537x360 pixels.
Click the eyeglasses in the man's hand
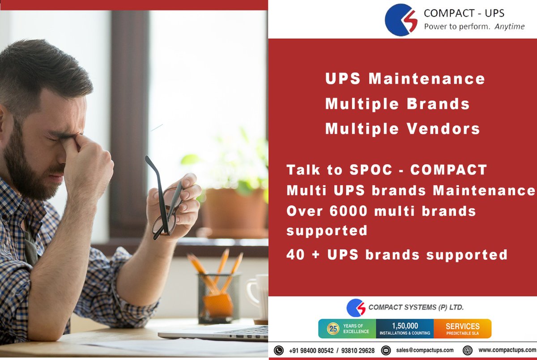click(x=163, y=201)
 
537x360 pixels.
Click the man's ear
click(x=4, y=130)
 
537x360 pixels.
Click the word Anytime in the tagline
click(x=509, y=27)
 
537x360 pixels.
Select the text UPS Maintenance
click(x=405, y=79)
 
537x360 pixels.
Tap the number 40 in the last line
click(x=295, y=254)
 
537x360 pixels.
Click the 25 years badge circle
click(x=332, y=328)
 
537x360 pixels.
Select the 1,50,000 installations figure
click(x=405, y=326)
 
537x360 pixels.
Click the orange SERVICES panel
click(x=462, y=328)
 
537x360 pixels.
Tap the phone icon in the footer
click(x=279, y=350)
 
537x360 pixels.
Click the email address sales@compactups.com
click(x=425, y=350)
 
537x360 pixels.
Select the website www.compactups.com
click(x=507, y=350)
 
